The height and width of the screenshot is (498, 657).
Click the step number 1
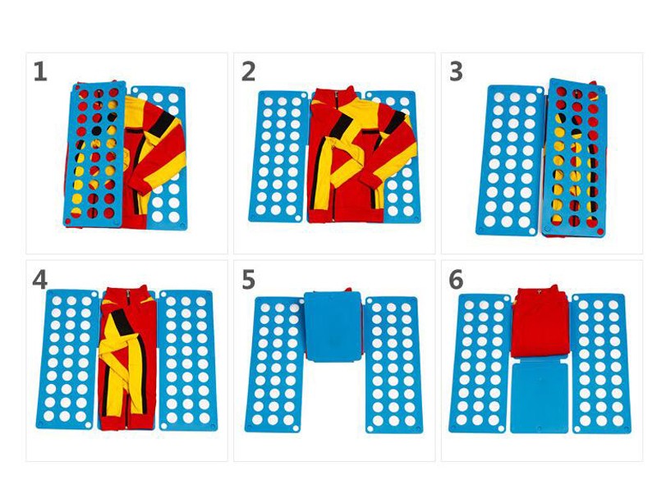40,71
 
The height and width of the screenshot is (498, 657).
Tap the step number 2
249,71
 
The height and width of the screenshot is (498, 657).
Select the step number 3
457,71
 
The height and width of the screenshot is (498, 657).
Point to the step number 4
39,280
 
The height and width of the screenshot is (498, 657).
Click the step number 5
249,280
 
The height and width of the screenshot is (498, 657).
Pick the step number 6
457,280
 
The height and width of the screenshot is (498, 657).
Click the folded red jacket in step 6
540,322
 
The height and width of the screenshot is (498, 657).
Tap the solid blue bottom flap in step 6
540,398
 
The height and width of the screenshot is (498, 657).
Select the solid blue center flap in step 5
333,327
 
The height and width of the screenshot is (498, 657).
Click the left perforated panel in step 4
67,359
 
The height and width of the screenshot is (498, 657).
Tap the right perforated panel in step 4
187,360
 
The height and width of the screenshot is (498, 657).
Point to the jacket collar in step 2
335,94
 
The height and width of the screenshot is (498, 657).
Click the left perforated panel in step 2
279,157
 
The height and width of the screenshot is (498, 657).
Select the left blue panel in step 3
510,160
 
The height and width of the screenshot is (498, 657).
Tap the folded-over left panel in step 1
95,154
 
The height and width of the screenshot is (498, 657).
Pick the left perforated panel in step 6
480,363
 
